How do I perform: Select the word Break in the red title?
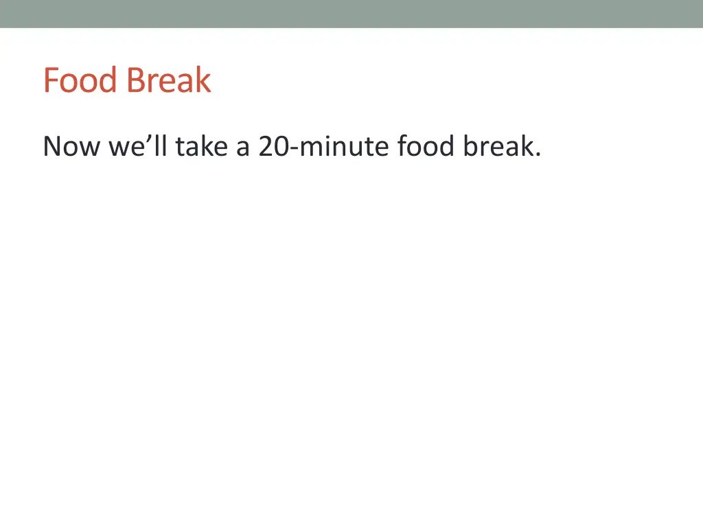pos(168,80)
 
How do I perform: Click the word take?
pos(202,146)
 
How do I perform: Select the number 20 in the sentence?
pos(274,146)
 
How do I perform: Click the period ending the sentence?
pos(537,155)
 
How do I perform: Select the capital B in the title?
pos(135,80)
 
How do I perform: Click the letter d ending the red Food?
pos(109,80)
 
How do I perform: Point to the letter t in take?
pos(179,146)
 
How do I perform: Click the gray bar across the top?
pos(351,14)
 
